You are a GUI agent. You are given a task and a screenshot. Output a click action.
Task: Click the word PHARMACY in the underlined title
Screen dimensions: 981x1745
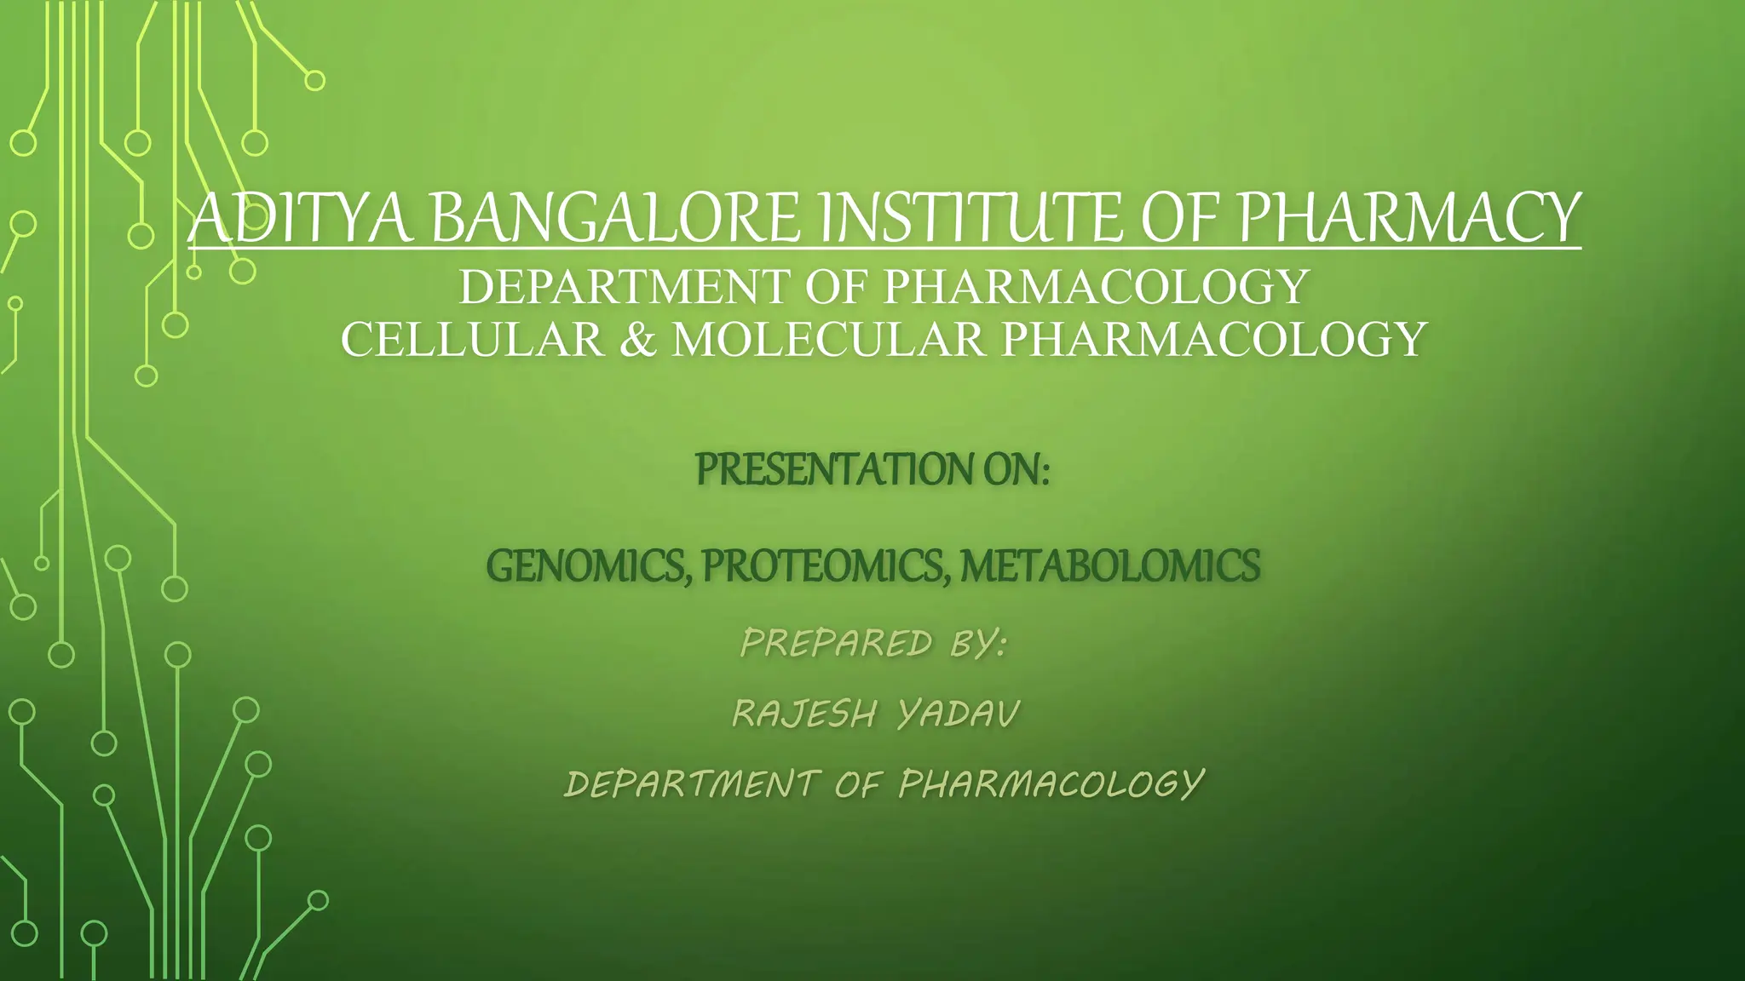[x=1409, y=218]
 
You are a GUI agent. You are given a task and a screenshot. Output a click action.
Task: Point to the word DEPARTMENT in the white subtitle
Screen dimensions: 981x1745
[x=623, y=286]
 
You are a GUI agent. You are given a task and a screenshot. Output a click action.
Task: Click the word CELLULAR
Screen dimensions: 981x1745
[x=473, y=339]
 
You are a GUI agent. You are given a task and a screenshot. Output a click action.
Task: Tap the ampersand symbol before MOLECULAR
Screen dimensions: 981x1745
[x=638, y=339]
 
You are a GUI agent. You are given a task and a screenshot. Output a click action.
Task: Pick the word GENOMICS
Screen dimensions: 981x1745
[x=587, y=565]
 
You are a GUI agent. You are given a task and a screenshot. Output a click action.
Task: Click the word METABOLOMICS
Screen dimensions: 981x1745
[x=1109, y=565]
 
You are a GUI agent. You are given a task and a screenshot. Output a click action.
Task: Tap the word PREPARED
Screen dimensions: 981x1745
[x=836, y=643]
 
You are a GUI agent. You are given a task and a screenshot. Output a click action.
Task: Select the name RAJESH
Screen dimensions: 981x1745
[x=804, y=714]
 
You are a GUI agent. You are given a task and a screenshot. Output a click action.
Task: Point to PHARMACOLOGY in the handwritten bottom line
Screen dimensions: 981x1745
[x=1051, y=784]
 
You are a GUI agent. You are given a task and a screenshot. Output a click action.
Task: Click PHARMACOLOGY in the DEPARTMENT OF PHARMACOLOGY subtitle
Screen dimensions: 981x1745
[x=1095, y=286]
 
